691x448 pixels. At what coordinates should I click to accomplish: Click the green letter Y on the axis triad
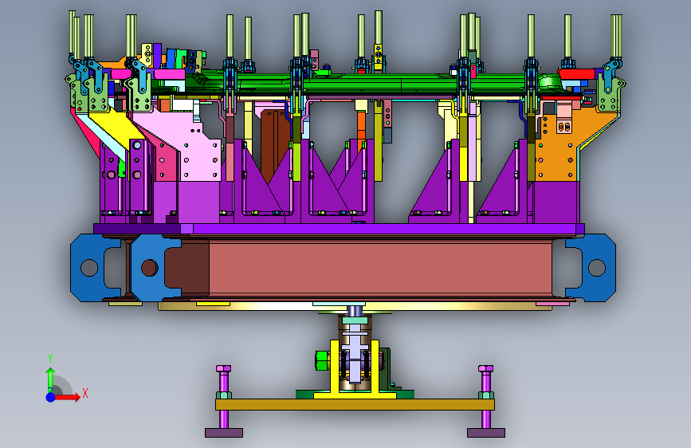click(50, 359)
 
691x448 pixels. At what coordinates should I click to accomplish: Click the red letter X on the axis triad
click(85, 393)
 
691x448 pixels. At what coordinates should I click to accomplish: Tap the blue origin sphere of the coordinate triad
click(51, 397)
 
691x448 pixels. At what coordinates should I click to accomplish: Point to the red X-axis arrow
click(67, 397)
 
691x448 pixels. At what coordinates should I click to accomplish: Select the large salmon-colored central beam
click(380, 268)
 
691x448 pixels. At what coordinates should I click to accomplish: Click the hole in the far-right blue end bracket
click(597, 268)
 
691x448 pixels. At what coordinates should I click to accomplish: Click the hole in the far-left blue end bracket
click(89, 268)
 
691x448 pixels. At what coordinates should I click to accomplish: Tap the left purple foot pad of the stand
click(224, 433)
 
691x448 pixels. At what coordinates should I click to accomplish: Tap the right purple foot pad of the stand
click(486, 433)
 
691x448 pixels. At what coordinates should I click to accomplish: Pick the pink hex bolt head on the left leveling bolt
click(223, 368)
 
